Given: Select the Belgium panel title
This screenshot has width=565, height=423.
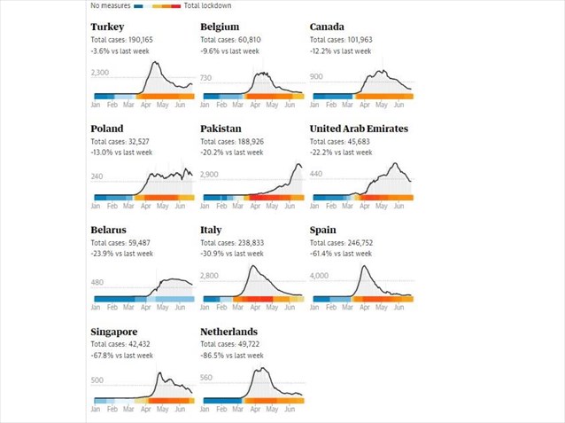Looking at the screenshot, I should (x=220, y=27).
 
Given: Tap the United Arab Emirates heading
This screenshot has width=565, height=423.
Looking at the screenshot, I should (x=359, y=129).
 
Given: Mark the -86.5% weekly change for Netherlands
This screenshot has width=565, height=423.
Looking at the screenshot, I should (x=231, y=356).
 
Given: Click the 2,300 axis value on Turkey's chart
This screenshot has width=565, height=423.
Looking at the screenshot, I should (x=100, y=74).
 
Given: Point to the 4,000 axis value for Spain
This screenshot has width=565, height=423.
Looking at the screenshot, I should (x=320, y=276).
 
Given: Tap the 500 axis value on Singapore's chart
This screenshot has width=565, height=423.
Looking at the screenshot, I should (x=97, y=380).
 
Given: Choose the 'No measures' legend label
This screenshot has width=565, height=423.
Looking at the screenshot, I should (x=111, y=5).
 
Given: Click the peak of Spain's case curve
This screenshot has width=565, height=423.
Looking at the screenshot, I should (x=363, y=266).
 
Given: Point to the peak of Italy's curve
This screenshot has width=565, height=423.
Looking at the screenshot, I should (x=253, y=266).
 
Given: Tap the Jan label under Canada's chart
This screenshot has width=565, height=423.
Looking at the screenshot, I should (x=314, y=106).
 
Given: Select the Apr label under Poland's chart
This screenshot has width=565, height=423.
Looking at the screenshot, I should (x=145, y=207).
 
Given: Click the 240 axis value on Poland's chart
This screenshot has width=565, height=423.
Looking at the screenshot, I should (x=97, y=176).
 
